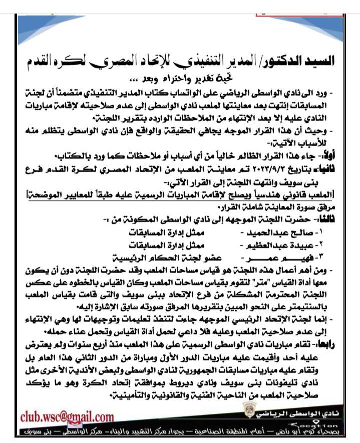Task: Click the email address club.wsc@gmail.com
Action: click(x=67, y=416)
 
